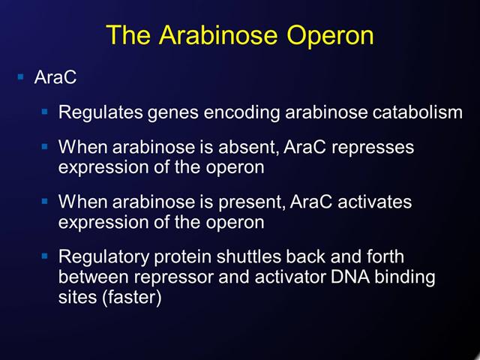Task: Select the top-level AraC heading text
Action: click(x=56, y=77)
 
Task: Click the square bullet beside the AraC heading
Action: click(x=20, y=76)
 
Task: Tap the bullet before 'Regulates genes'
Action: click(x=45, y=112)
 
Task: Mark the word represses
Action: click(x=373, y=148)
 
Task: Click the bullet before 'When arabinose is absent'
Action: click(x=45, y=146)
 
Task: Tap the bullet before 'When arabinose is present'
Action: click(x=45, y=201)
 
